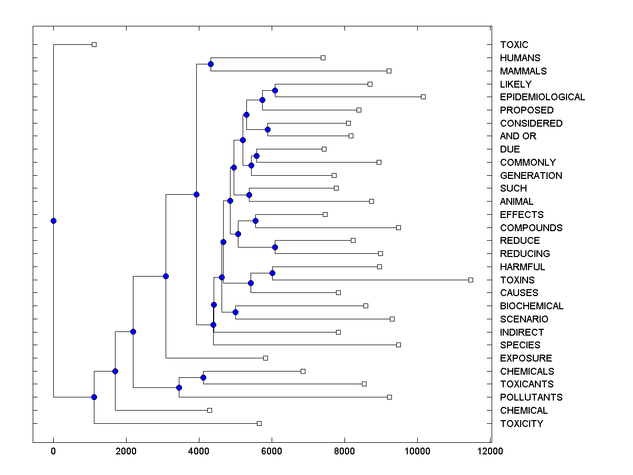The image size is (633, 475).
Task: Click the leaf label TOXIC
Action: click(514, 45)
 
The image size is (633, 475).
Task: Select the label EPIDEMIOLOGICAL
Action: click(542, 97)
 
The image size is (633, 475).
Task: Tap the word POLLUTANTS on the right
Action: click(531, 397)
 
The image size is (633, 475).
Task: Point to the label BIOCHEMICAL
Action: click(532, 306)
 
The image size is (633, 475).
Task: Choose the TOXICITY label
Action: click(521, 424)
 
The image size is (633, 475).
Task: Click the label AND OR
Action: click(518, 136)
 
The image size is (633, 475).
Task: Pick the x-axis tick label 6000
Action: click(272, 451)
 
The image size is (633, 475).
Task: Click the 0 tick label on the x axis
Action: click(53, 451)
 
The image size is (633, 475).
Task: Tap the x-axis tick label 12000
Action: click(491, 451)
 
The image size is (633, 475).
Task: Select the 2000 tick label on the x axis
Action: click(126, 451)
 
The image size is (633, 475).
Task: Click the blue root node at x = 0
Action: click(53, 221)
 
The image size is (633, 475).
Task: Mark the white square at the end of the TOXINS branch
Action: click(471, 280)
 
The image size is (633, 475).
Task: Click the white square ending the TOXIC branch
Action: click(94, 45)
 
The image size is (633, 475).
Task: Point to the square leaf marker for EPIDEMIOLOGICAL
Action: click(423, 97)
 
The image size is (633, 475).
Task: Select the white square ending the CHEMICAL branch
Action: click(209, 410)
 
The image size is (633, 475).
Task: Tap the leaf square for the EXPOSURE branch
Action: click(265, 358)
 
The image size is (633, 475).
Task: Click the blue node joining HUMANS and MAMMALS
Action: click(210, 64)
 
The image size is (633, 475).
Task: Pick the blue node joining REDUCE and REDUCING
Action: click(275, 247)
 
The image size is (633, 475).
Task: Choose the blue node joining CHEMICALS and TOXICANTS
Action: click(203, 377)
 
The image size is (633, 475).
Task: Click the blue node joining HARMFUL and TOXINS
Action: click(272, 273)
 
